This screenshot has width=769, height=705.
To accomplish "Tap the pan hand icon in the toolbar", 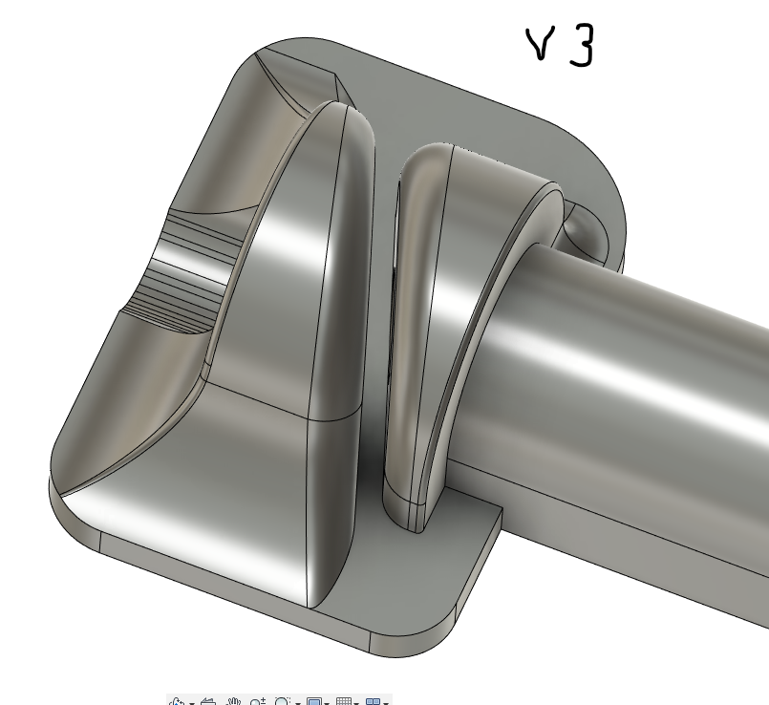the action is [x=234, y=701].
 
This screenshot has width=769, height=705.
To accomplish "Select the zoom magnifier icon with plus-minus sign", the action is [x=258, y=701].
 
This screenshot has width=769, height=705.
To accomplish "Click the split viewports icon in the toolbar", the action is [x=374, y=701].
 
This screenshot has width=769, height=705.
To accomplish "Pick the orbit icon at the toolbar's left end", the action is [x=178, y=701].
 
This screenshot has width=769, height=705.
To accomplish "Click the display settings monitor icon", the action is [x=314, y=701].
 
